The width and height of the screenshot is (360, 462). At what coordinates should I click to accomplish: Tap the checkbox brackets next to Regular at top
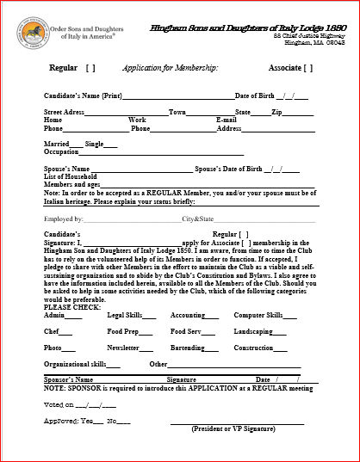coord(90,67)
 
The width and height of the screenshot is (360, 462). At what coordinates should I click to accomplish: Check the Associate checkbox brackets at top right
coord(307,67)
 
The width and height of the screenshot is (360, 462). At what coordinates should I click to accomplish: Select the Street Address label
coord(64,112)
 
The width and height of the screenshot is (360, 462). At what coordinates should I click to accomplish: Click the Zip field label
coord(280,112)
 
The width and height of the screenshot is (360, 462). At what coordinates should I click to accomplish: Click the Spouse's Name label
coord(66,169)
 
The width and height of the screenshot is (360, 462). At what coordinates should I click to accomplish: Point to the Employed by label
coord(64,219)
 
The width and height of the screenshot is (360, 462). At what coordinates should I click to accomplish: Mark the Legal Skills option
coord(125,316)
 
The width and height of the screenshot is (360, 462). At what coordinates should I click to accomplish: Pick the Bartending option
coord(188,348)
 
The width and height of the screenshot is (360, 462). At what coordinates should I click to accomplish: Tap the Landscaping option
coord(253,331)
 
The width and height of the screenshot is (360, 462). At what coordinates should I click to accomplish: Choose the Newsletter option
coord(123,348)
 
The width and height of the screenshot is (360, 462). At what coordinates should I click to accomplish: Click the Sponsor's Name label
coord(68,379)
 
